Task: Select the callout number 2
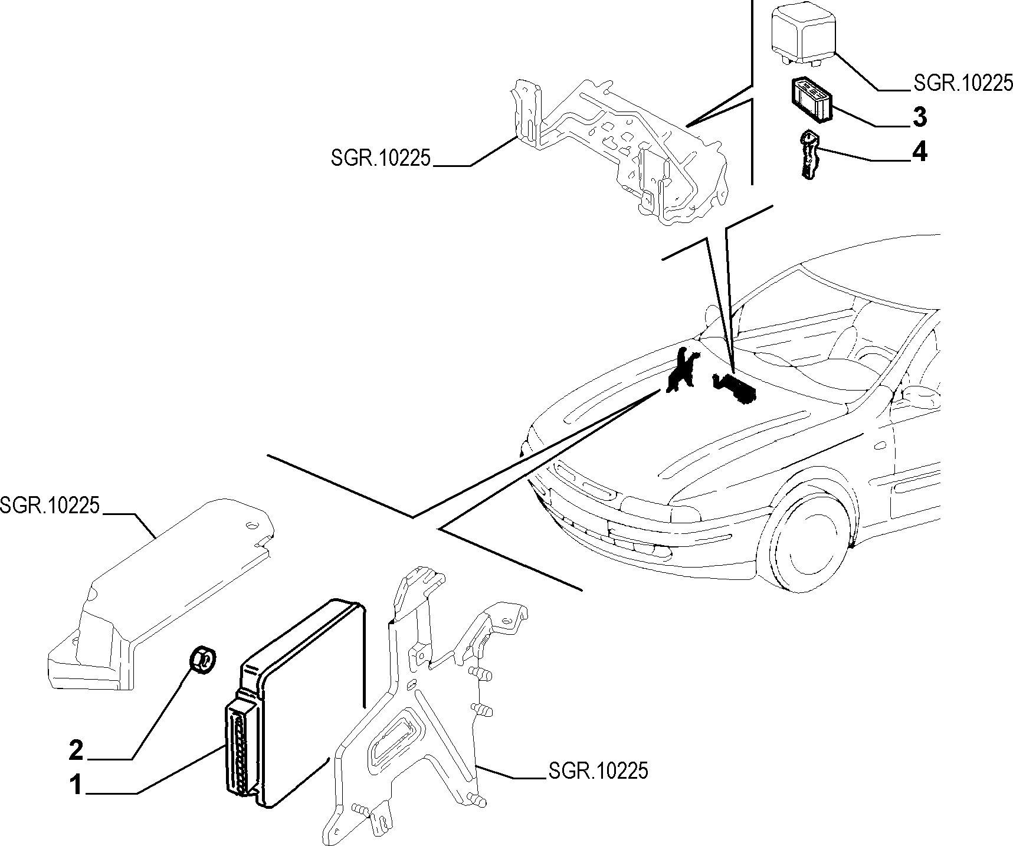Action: click(77, 750)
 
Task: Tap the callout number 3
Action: click(919, 117)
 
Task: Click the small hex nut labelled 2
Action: click(202, 658)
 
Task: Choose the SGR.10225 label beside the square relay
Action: click(963, 83)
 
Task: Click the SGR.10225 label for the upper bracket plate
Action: click(381, 159)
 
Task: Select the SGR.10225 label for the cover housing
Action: click(50, 506)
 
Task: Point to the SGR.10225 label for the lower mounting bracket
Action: click(598, 770)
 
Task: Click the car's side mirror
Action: click(918, 394)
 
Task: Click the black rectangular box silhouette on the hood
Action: click(735, 388)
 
